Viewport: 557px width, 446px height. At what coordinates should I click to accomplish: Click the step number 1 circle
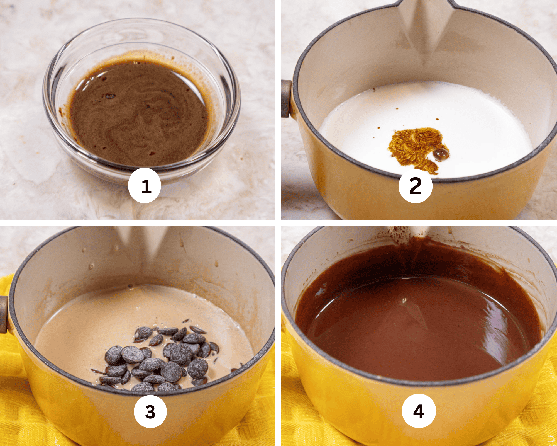point(144,185)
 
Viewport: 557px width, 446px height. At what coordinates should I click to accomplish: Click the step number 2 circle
point(415,186)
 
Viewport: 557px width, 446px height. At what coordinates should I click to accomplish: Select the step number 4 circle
point(419,411)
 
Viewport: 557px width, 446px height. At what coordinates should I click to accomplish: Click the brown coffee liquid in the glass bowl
point(139,117)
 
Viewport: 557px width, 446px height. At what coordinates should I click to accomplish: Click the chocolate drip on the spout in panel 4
point(401,237)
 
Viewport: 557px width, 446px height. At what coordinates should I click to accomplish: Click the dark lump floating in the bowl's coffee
point(109,96)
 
